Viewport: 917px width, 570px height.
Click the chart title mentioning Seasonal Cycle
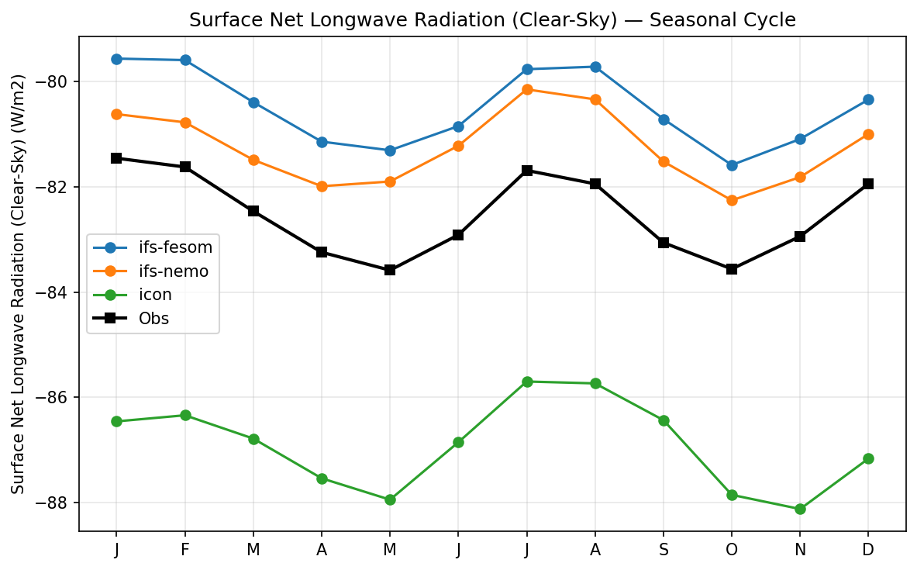(x=492, y=20)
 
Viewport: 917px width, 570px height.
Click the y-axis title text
(x=19, y=284)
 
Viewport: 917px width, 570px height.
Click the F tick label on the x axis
(x=185, y=549)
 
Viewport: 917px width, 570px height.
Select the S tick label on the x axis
(x=664, y=549)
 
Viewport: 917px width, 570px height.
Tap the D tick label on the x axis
(x=868, y=549)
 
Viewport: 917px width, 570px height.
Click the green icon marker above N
(x=800, y=509)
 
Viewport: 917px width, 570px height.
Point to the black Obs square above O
(x=732, y=269)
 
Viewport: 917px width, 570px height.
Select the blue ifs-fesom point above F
(x=185, y=60)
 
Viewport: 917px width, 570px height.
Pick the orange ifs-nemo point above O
(x=732, y=200)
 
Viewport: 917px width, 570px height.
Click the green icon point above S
(x=664, y=420)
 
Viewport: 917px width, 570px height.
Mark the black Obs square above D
(x=868, y=184)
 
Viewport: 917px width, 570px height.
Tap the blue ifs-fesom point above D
(x=868, y=99)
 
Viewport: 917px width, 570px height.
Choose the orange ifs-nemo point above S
(x=664, y=161)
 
